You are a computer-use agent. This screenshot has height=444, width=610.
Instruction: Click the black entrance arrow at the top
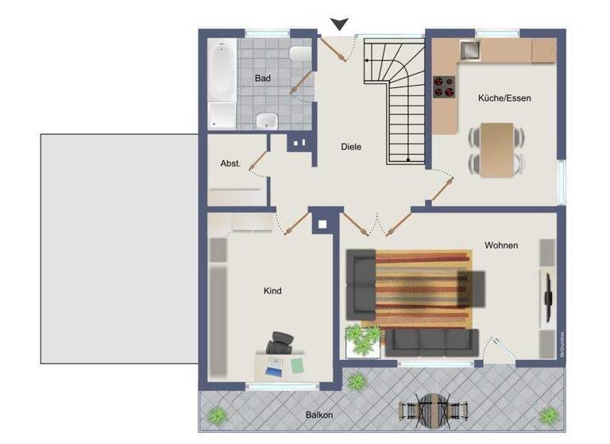[341, 25]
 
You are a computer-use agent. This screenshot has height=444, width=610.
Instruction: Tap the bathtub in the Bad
[221, 84]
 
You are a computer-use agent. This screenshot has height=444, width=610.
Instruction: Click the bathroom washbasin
[267, 121]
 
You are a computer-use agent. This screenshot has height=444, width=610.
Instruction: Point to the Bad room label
[262, 78]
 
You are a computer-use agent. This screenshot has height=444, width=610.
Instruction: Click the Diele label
[351, 146]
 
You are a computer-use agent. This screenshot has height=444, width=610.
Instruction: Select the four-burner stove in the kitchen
[443, 87]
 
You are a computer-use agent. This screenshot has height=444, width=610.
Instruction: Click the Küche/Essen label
[504, 98]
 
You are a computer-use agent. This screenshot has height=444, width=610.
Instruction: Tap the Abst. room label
[230, 163]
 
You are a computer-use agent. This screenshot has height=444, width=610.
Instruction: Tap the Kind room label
[272, 291]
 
